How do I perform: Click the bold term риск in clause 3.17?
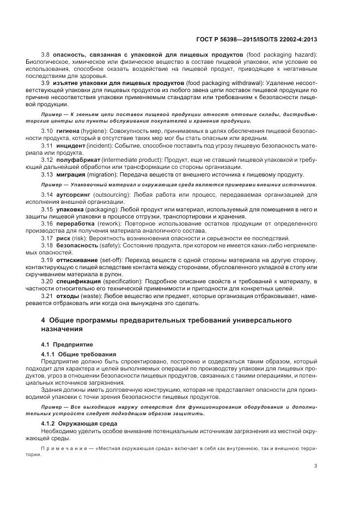(63, 238)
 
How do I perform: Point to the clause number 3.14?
(47, 195)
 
